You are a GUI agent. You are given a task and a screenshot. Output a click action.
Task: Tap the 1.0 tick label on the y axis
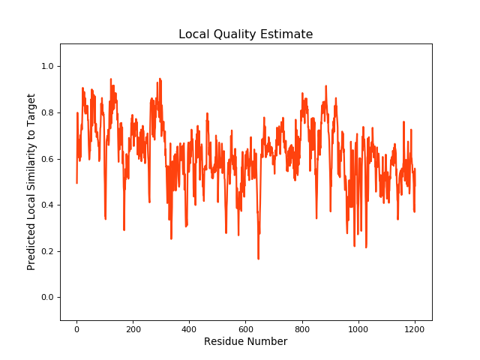(48, 67)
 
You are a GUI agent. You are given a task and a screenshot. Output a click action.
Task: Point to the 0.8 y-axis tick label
(48, 113)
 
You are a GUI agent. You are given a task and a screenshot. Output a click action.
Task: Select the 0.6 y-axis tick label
(48, 159)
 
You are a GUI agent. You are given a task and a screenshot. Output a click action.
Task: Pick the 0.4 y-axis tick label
(48, 205)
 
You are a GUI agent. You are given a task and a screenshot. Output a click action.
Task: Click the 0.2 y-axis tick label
(48, 251)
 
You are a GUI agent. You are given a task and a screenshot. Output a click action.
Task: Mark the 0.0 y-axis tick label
(48, 298)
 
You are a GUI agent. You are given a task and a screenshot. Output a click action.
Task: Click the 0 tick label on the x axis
(76, 328)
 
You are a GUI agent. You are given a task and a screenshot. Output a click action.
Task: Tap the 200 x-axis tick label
(133, 328)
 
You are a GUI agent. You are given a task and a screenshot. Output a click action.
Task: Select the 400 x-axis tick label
(189, 328)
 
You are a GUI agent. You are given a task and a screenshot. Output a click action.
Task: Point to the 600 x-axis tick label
(246, 328)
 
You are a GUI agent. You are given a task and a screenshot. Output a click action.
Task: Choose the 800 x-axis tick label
(302, 328)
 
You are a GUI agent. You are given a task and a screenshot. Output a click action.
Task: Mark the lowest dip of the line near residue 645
(258, 259)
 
